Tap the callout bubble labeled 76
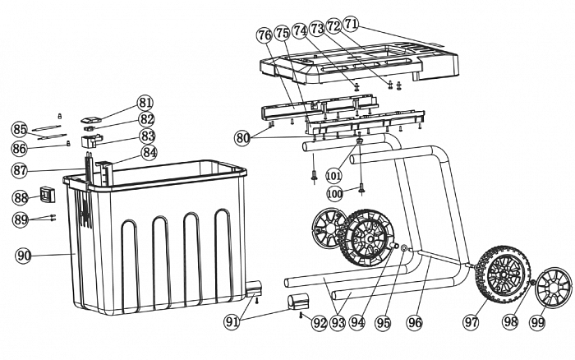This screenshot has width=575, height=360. click(x=264, y=35)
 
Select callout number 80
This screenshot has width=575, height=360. click(x=242, y=138)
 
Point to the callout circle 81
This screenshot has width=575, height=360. click(x=145, y=103)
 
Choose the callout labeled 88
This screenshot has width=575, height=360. click(x=20, y=197)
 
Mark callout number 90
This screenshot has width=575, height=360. click(x=24, y=256)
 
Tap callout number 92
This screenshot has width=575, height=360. click(x=320, y=323)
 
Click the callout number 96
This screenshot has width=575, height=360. click(x=414, y=323)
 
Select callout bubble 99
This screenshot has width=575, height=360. click(x=537, y=323)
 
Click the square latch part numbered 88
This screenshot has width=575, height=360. click(x=47, y=196)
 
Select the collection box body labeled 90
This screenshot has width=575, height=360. click(x=156, y=238)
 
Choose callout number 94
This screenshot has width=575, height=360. click(x=356, y=323)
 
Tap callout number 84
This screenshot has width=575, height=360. click(x=149, y=152)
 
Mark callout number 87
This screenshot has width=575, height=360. click(x=20, y=170)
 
